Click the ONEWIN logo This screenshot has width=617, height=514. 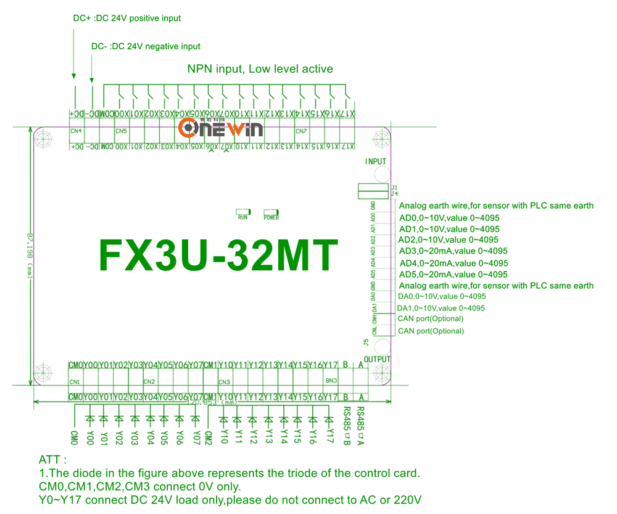click(220, 128)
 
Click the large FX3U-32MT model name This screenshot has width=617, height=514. click(219, 254)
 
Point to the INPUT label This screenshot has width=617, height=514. click(376, 162)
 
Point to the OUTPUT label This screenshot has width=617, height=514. click(378, 359)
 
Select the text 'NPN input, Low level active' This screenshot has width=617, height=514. click(260, 69)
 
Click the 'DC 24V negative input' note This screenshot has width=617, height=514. click(146, 46)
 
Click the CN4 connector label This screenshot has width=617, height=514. click(76, 131)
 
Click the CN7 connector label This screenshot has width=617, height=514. click(301, 131)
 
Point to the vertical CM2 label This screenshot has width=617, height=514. click(209, 437)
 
